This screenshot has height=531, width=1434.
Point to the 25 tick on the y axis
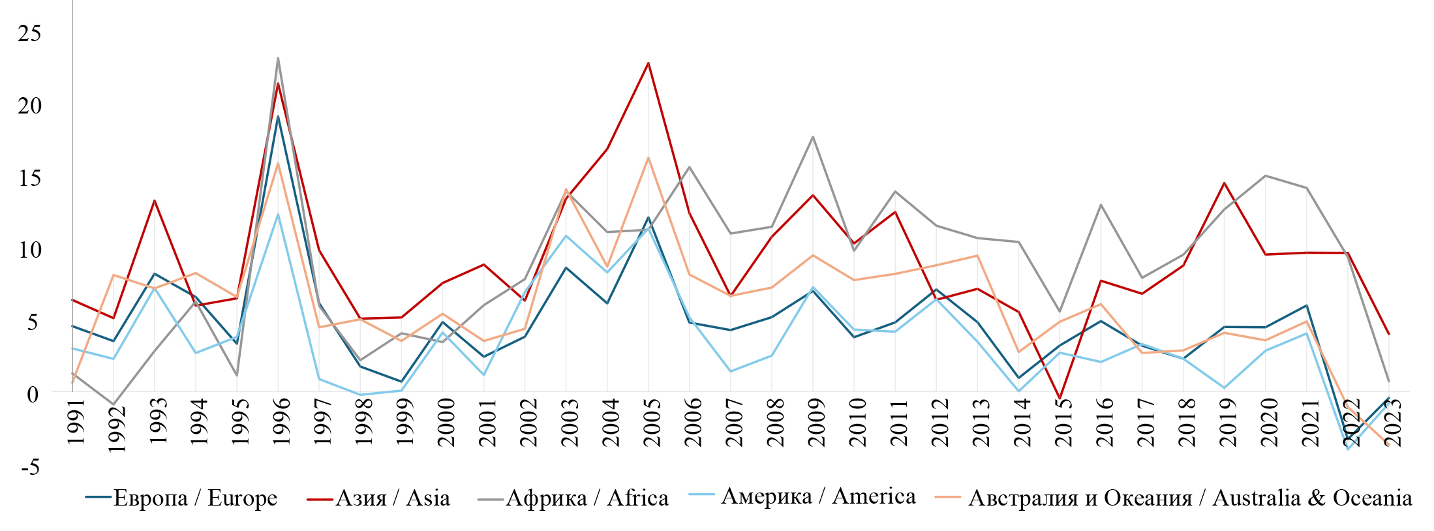29,33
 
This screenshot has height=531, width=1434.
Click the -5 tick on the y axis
29,467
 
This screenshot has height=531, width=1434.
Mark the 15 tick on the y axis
29,178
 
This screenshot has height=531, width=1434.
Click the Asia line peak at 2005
648,63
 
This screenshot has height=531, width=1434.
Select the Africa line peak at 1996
278,58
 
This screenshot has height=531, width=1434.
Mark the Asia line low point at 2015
1060,398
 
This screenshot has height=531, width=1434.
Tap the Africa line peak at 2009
812,136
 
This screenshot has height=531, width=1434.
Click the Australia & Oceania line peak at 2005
648,157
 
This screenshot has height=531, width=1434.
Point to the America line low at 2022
1347,449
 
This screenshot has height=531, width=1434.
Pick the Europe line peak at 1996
278,116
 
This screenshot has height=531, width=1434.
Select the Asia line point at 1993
154,200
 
